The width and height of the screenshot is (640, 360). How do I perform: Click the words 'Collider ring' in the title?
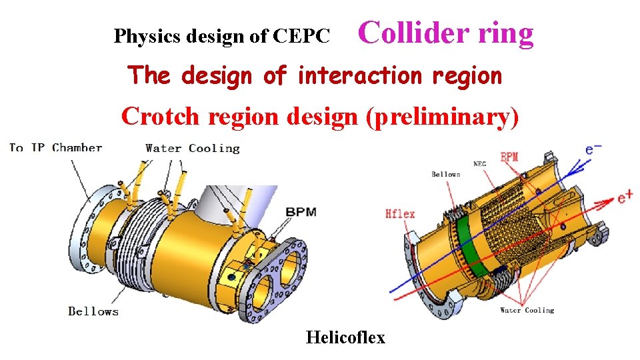point(446,33)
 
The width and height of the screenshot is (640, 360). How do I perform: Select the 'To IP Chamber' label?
point(55,147)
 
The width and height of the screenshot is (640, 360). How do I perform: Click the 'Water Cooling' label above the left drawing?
point(192,148)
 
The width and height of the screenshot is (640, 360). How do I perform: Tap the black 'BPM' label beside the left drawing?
point(301,212)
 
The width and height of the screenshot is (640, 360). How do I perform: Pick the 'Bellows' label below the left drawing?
point(93,311)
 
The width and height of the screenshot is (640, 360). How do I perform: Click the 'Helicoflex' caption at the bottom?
point(345,337)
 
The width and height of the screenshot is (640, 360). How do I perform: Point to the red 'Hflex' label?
point(400,213)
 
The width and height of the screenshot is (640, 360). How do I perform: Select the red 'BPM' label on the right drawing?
point(509,158)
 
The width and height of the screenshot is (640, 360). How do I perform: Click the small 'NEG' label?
point(479,163)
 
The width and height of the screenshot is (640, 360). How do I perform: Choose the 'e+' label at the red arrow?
point(625,197)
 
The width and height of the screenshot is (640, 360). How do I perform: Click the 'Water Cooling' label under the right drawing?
point(527,310)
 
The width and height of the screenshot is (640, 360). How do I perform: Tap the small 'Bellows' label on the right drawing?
point(445,175)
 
